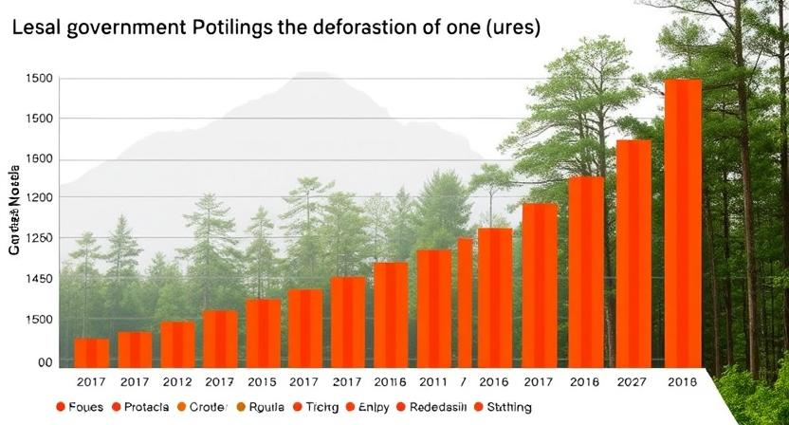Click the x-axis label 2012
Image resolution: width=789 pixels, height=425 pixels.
(177, 381)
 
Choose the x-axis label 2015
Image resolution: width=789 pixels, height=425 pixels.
(263, 381)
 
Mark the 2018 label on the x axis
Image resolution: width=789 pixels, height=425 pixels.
(681, 381)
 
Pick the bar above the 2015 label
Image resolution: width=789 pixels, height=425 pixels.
(263, 333)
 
